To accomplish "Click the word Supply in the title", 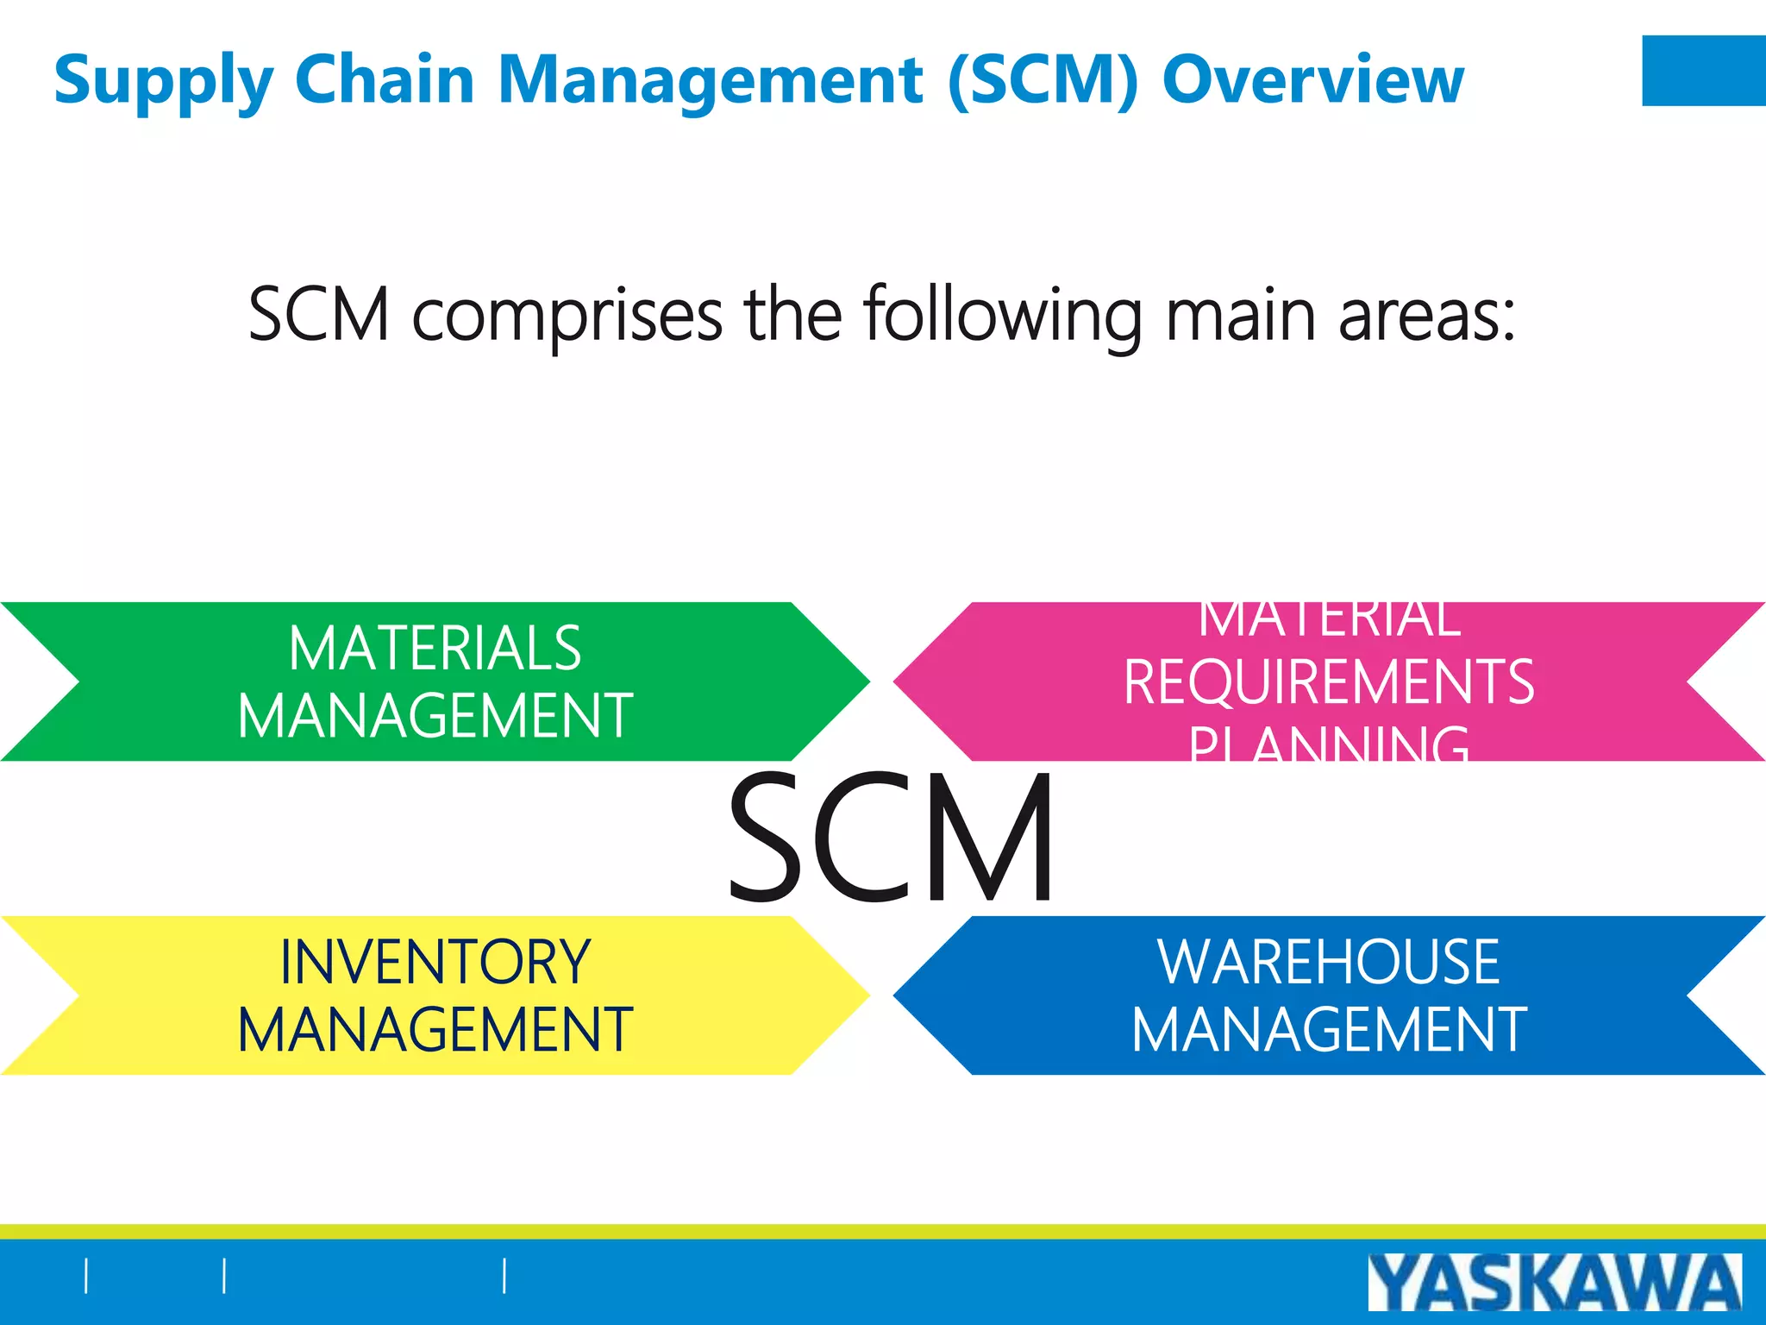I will (164, 80).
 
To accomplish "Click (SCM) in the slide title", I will (1043, 80).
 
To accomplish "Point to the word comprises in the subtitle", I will (567, 316).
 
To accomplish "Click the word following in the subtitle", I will (1003, 316).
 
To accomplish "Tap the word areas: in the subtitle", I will (1427, 316).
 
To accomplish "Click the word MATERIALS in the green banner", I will (435, 649).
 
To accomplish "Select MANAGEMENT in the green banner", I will (435, 716).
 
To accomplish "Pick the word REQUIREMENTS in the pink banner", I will (1329, 682).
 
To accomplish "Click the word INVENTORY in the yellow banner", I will (435, 963).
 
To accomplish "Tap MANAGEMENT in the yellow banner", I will (435, 1030).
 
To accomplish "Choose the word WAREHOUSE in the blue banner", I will (1328, 963).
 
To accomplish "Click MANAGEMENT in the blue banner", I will (1328, 1030).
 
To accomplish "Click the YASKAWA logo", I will (1554, 1282).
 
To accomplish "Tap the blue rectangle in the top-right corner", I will (1703, 71).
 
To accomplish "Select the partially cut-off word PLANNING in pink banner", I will (1329, 744).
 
